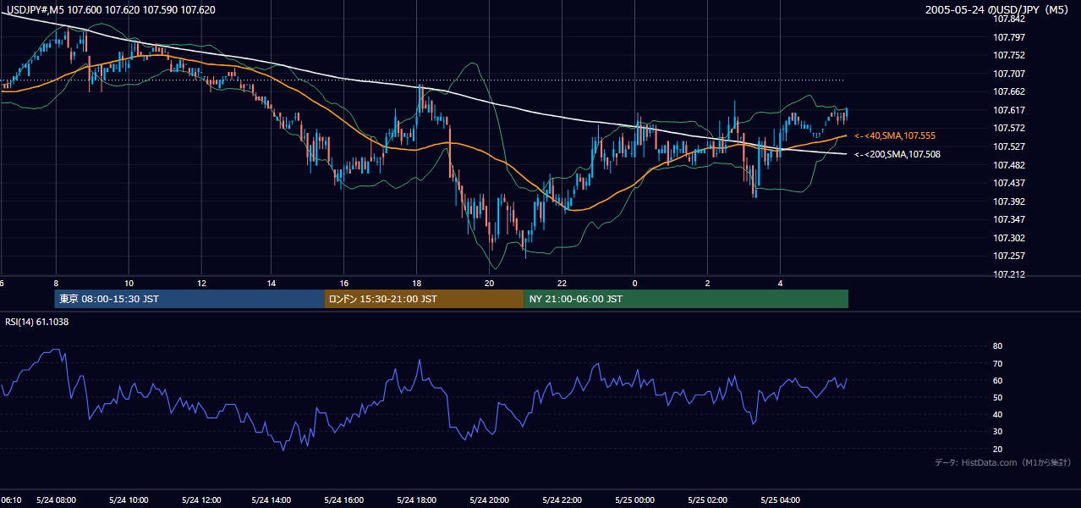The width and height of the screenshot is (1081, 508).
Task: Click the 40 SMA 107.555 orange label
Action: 895,135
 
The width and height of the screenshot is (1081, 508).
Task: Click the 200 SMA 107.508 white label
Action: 897,155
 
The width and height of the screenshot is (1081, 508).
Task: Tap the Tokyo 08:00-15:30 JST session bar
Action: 189,299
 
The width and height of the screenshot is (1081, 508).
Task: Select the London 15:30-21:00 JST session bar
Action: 424,299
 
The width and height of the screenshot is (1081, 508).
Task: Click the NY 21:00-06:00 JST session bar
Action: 686,299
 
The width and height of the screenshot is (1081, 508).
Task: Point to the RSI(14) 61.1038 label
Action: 36,322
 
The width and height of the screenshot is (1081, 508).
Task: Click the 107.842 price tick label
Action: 1008,19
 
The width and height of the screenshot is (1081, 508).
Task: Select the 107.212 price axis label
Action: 1008,274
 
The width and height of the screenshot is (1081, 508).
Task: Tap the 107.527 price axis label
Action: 1008,146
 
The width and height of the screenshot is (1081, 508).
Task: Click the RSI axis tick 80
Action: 997,345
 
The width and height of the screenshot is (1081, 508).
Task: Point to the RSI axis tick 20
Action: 997,449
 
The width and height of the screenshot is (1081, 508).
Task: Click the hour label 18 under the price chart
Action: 416,284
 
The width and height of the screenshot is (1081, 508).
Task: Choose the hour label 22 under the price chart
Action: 562,284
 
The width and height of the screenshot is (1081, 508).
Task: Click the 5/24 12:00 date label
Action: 201,500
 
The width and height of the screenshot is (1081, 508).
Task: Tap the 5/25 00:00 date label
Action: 634,500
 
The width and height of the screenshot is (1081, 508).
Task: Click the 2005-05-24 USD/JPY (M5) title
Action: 996,9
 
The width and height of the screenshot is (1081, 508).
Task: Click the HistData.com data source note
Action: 1003,462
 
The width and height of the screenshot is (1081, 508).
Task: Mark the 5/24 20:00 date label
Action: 490,500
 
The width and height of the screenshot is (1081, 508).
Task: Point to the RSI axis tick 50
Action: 997,397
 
